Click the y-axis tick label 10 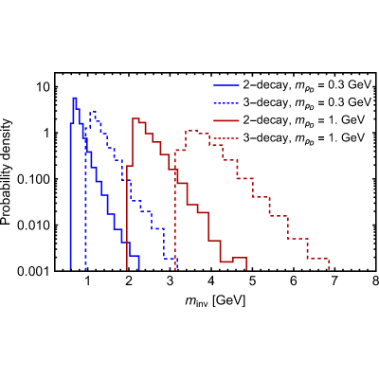point(43,87)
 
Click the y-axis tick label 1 point(45,133)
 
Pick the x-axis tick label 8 point(375,280)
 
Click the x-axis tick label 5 point(252,280)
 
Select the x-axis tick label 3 point(170,280)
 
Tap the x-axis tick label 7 point(334,280)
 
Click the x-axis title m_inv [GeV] point(215,301)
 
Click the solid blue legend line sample point(226,85)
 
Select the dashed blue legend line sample point(226,102)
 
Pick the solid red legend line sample point(226,120)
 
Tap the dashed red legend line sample point(226,137)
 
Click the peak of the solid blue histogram point(75,99)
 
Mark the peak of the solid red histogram point(135,118)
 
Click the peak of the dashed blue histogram point(93,112)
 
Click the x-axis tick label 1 point(87,280)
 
